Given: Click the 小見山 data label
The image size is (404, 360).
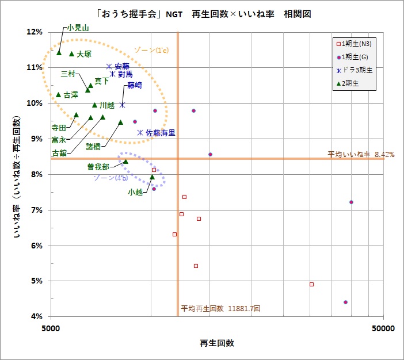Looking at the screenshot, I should click(78, 27).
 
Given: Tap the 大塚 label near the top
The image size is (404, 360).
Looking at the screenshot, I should click(84, 54).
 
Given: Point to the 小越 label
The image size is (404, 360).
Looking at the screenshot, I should click(136, 192).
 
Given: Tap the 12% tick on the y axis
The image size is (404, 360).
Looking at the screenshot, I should click(35, 32).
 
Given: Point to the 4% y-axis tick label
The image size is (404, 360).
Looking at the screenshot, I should click(36, 317).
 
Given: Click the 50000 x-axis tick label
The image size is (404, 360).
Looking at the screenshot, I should click(383, 328).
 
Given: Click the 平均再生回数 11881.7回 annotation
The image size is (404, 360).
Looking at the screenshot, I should click(220, 309).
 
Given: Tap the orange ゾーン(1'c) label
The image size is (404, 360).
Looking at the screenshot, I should click(151, 50).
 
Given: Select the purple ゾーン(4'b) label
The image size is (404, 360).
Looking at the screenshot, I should click(110, 178).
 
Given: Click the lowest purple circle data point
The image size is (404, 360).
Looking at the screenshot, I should click(345, 302).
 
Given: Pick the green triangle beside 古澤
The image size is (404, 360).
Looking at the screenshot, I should click(59, 94).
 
